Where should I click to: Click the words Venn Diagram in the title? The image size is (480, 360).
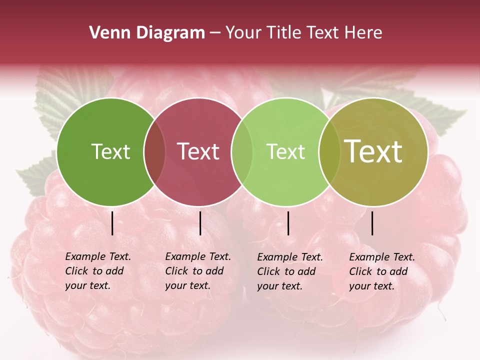click(147, 33)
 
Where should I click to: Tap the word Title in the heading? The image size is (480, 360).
click(284, 33)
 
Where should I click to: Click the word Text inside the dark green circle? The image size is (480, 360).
click(110, 151)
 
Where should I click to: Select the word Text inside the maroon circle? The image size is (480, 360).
click(198, 151)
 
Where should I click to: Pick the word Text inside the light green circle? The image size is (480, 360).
click(285, 151)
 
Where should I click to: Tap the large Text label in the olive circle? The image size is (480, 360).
click(373, 151)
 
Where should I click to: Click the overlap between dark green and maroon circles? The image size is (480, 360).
click(154, 152)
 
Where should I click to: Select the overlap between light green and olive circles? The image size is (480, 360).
click(327, 152)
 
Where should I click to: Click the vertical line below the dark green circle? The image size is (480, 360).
click(112, 223)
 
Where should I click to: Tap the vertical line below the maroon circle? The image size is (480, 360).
click(200, 223)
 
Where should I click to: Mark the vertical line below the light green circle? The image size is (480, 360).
click(288, 223)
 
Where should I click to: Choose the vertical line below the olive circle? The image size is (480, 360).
click(372, 223)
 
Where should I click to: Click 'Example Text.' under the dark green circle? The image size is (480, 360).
click(98, 256)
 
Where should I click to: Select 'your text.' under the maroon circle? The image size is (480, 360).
click(187, 286)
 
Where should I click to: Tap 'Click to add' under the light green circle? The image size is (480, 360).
click(286, 271)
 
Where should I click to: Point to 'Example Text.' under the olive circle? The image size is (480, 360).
click(382, 257)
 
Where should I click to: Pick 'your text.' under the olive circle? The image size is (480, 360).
click(371, 286)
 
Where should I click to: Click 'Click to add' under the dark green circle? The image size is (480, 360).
click(94, 271)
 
